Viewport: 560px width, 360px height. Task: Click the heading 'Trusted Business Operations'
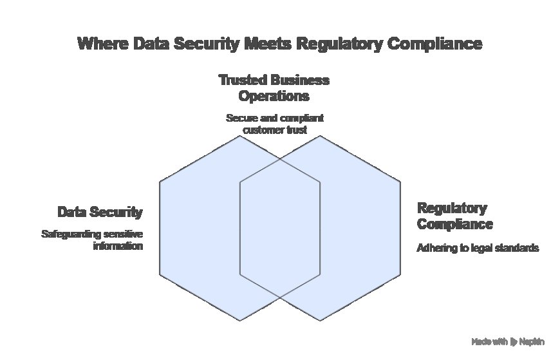[274, 88]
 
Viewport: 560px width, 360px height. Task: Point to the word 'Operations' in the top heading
[274, 97]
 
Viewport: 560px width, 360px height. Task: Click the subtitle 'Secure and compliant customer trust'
[274, 124]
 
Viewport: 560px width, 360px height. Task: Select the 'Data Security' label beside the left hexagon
[100, 212]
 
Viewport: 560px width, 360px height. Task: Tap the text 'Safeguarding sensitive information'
[92, 240]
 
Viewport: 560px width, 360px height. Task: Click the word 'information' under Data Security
[117, 247]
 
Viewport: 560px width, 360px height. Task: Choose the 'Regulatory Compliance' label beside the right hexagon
[454, 216]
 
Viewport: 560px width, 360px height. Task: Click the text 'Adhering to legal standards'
[478, 248]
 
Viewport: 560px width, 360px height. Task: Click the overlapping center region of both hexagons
[280, 229]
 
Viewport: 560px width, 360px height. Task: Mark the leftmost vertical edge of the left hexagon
[160, 229]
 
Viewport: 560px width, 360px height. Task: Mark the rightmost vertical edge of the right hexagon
[401, 229]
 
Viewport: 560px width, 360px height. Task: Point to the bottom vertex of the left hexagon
[240, 321]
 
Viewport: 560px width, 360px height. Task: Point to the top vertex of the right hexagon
[321, 136]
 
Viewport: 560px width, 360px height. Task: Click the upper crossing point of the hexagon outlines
[280, 159]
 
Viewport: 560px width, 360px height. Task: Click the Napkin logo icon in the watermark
[514, 342]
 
